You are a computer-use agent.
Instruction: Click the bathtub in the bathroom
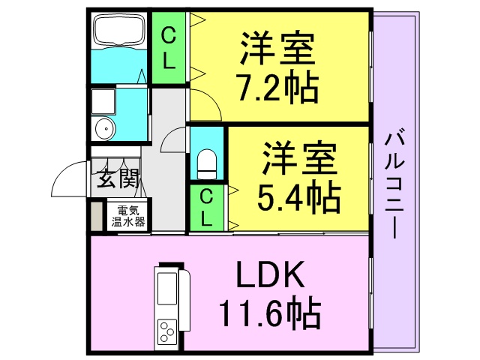click(x=119, y=31)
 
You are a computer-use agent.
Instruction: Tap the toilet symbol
click(x=207, y=164)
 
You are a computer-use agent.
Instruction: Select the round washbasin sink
click(x=105, y=129)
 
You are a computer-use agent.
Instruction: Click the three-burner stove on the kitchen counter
click(x=167, y=331)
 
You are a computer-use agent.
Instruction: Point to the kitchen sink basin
click(x=166, y=289)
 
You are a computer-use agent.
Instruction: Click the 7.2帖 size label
click(x=278, y=87)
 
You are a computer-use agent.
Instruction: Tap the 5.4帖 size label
click(x=298, y=196)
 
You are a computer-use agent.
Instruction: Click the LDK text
click(x=271, y=274)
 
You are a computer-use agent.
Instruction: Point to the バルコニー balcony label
click(x=394, y=184)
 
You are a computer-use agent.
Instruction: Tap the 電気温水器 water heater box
click(x=128, y=215)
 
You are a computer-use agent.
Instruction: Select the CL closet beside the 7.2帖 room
click(x=169, y=48)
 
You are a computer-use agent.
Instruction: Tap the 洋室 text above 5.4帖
click(x=299, y=157)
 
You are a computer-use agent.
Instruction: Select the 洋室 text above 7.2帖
click(x=277, y=47)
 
